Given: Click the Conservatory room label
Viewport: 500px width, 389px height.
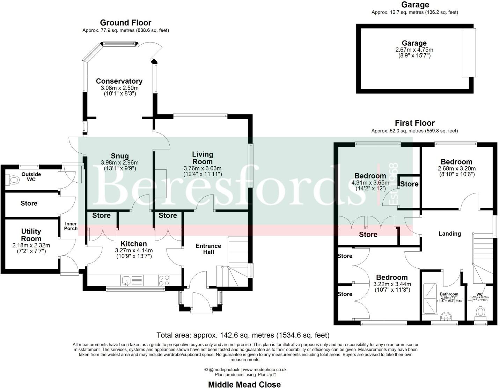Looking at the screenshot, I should click(x=119, y=81).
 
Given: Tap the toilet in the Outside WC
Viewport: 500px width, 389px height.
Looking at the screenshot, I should click(x=14, y=180).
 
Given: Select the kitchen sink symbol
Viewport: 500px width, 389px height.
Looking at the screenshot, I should click(x=126, y=280).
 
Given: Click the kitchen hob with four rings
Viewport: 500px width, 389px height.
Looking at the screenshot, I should click(x=164, y=280).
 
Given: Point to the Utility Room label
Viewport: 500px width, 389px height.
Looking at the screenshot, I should click(x=31, y=235).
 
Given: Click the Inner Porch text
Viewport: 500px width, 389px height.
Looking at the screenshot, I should click(x=71, y=226).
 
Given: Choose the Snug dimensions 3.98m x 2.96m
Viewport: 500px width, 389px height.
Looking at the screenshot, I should click(x=119, y=163).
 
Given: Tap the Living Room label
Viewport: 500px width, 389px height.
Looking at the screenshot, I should click(x=203, y=158).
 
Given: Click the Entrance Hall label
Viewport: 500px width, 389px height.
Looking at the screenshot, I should click(x=208, y=249).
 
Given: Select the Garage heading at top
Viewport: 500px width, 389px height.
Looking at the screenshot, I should click(x=415, y=5).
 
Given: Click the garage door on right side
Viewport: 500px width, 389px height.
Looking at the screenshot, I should click(x=469, y=53).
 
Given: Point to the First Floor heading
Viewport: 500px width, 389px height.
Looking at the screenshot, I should click(x=414, y=123).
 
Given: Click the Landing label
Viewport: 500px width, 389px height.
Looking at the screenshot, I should click(x=449, y=234).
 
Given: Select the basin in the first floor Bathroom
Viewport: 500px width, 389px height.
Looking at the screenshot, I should click(x=447, y=316).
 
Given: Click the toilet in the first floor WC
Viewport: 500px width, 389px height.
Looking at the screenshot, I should click(x=481, y=312).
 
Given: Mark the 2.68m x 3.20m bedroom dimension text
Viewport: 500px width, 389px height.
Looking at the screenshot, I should click(x=456, y=168).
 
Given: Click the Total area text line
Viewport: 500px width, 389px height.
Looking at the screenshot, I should click(x=243, y=335).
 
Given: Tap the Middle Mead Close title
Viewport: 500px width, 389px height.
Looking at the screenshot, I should click(x=244, y=384).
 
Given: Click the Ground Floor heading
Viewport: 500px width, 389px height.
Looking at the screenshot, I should click(x=126, y=23).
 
